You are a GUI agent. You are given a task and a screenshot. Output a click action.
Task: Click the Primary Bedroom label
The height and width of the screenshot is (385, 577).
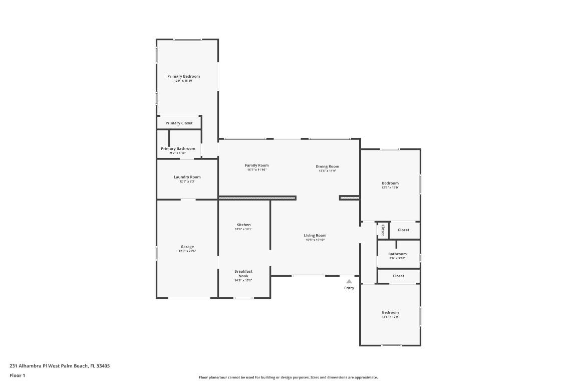[183, 76]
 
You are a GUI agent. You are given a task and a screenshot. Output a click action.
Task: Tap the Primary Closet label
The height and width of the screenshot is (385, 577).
[179, 123]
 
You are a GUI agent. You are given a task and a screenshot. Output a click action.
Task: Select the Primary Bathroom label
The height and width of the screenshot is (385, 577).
[178, 148]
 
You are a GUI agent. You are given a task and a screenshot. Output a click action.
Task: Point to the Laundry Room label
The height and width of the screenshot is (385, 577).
[187, 177]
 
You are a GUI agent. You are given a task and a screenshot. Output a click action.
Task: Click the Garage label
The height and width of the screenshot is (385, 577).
[187, 247]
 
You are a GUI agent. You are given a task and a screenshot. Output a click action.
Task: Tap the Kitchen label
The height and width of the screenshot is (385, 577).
[243, 225]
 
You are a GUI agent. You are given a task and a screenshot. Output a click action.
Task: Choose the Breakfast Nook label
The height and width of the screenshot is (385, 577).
[243, 273]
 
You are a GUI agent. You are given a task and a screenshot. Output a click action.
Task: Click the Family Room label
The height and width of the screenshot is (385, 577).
[256, 165]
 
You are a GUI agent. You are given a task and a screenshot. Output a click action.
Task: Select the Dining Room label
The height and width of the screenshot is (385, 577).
[327, 166]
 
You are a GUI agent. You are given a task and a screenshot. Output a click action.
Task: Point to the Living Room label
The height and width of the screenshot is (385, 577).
[315, 236]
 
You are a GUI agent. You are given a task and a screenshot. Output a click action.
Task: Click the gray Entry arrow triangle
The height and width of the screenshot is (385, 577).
[349, 282]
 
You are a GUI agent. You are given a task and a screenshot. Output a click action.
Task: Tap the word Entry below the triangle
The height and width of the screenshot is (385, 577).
[349, 288]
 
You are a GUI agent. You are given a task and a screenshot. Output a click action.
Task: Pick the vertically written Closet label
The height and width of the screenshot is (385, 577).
[383, 230]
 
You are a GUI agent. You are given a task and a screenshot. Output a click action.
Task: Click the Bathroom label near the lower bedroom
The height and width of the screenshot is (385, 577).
[397, 254]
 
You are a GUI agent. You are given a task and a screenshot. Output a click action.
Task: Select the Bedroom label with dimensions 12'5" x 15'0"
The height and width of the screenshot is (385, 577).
[390, 183]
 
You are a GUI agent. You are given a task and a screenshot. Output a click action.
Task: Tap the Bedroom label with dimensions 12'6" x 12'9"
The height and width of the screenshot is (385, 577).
[390, 312]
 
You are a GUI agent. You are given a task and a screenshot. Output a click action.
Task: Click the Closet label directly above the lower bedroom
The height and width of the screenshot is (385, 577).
[398, 276]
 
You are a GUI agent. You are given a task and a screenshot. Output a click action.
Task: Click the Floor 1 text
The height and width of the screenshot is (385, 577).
[17, 375]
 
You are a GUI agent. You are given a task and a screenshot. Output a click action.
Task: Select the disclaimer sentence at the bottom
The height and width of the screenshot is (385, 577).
[288, 377]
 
